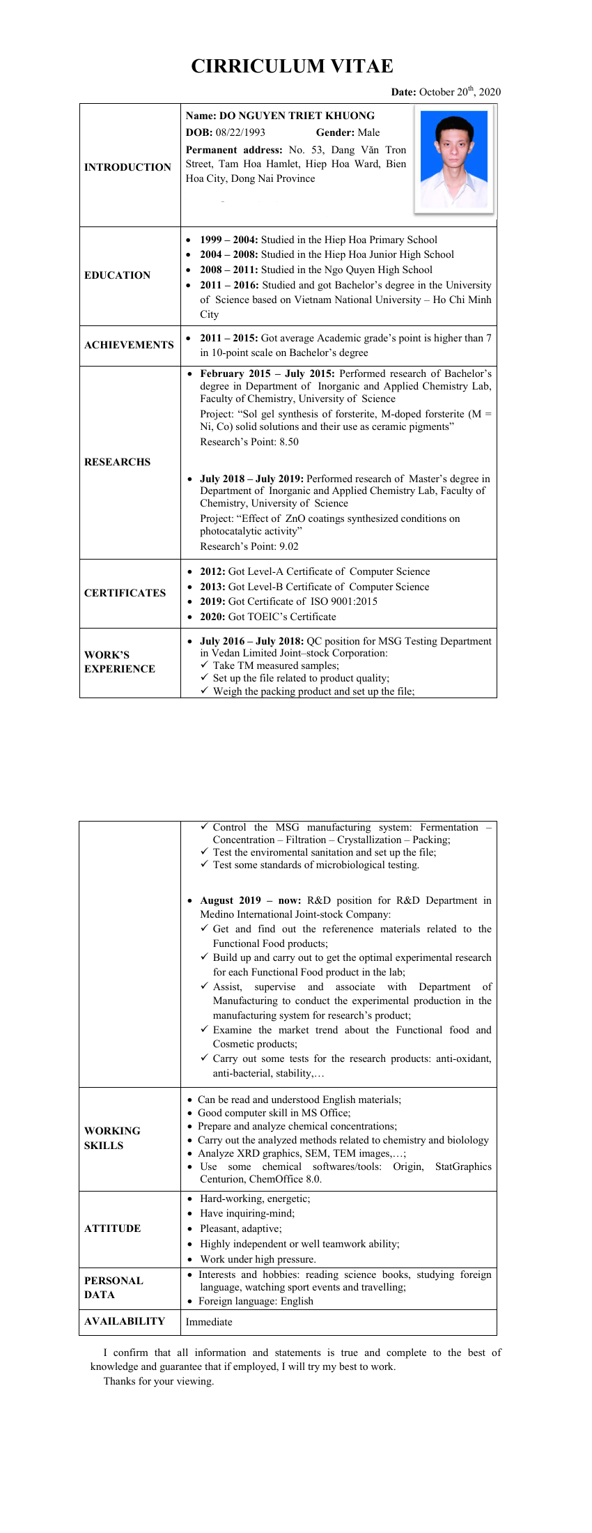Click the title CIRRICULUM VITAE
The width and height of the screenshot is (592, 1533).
292,66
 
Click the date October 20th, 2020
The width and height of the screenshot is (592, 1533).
460,92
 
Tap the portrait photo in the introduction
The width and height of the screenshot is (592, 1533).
454,159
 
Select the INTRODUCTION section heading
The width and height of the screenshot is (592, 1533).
127,167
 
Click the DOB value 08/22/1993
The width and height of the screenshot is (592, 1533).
240,132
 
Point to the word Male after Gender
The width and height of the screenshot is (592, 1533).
368,132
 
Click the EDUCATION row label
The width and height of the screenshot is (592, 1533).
117,275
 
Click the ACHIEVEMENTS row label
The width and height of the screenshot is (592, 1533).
129,345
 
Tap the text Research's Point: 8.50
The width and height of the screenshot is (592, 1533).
249,442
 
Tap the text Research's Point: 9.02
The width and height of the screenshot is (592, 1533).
249,546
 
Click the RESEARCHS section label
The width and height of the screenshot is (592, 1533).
117,462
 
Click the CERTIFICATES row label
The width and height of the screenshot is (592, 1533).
125,593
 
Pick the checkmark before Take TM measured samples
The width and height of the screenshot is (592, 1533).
204,665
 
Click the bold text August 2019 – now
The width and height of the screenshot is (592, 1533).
251,900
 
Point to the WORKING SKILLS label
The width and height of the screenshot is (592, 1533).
111,1138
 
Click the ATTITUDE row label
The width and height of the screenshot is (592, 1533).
112,1228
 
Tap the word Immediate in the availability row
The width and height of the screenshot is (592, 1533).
209,1322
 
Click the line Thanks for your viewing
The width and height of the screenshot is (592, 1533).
159,1381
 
